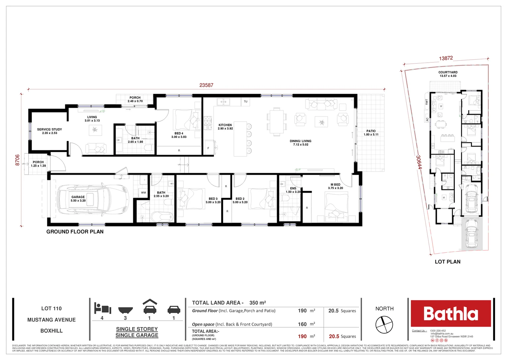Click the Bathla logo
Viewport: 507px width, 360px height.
click(450, 313)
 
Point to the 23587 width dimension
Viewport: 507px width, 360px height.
click(206, 85)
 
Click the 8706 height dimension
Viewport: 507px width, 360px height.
click(18, 160)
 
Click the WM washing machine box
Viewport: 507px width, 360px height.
click(143, 193)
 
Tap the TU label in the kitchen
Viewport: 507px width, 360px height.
click(246, 101)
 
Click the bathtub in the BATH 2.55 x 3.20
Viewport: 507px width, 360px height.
click(162, 217)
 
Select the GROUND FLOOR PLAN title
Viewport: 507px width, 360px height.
click(75, 232)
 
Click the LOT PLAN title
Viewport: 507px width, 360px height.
click(447, 262)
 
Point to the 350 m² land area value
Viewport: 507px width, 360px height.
click(257, 303)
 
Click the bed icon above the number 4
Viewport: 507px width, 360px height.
click(102, 308)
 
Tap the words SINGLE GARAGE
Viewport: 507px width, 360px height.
click(137, 335)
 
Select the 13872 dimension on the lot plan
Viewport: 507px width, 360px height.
click(446, 58)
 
